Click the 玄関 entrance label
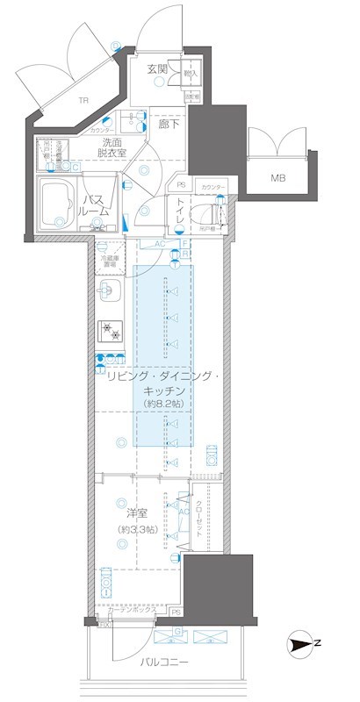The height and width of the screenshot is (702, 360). tap(157, 68)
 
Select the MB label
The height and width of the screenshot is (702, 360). tap(277, 179)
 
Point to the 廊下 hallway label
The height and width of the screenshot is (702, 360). tap(170, 124)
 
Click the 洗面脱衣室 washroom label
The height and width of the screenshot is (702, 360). tap(112, 147)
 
